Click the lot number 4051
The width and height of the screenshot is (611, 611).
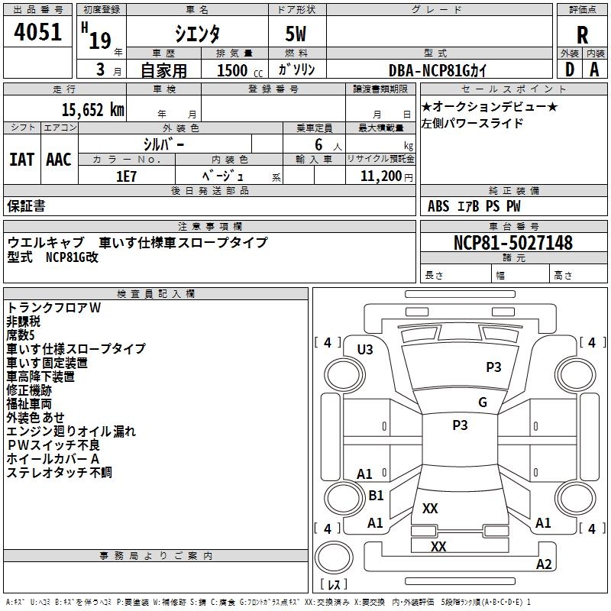[37, 31]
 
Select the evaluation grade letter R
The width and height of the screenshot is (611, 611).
[582, 34]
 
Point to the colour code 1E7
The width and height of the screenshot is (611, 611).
[126, 176]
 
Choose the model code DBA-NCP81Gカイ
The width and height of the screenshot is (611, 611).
[437, 70]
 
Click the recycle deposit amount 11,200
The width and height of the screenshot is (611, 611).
[379, 176]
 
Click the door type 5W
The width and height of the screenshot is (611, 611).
[296, 34]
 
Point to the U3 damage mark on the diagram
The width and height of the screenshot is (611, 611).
[365, 350]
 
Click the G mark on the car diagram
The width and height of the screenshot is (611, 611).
[483, 402]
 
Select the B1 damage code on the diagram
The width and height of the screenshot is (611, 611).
[376, 496]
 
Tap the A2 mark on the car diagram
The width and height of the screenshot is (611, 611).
[543, 564]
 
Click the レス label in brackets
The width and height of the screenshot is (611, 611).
[333, 585]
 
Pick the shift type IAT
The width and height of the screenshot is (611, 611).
[21, 160]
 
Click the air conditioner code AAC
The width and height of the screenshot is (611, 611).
[59, 160]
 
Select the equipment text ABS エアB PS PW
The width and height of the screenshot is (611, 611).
[474, 206]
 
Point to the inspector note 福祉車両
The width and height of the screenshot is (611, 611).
[29, 404]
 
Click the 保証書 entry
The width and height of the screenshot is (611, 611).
[26, 206]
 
